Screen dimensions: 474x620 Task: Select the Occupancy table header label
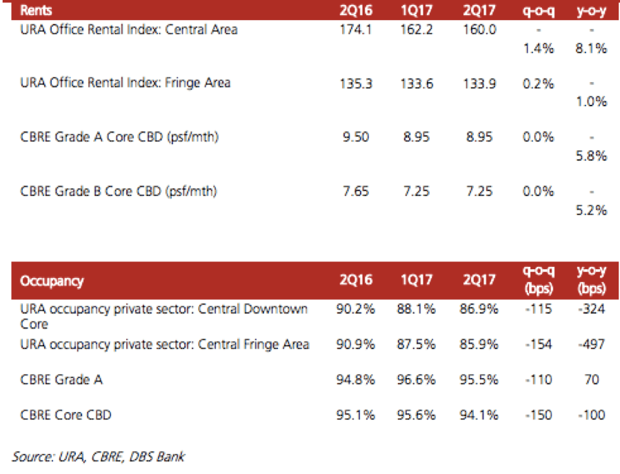pyautogui.click(x=52, y=281)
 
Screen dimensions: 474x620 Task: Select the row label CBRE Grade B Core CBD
pyautogui.click(x=119, y=191)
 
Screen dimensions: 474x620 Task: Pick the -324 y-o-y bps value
pyautogui.click(x=592, y=310)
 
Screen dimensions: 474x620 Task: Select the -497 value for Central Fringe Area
pyautogui.click(x=592, y=344)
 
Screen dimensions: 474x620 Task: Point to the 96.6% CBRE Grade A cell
pyautogui.click(x=418, y=379)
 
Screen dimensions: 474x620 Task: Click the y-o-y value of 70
pyautogui.click(x=592, y=379)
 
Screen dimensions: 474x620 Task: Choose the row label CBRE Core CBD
pyautogui.click(x=66, y=415)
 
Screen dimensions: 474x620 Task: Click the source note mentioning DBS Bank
pyautogui.click(x=99, y=456)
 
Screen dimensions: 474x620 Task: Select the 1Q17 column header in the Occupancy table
pyautogui.click(x=418, y=281)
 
